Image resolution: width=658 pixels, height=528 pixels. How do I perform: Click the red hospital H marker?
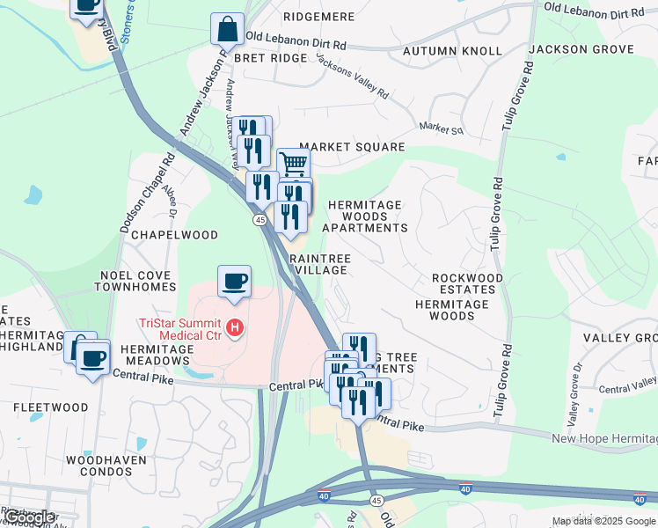[235, 329]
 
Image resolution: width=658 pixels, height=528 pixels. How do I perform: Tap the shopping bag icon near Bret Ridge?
[227, 29]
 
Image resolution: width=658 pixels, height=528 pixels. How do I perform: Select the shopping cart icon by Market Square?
[294, 163]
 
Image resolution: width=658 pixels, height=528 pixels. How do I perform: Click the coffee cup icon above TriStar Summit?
[234, 282]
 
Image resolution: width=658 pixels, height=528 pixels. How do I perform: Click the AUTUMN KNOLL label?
[451, 51]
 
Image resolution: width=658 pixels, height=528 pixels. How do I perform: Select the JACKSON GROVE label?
[594, 49]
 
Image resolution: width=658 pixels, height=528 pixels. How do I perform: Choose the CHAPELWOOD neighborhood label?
[182, 235]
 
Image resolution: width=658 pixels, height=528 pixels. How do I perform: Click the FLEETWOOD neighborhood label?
[50, 407]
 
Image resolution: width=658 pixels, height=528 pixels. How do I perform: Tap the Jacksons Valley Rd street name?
[352, 77]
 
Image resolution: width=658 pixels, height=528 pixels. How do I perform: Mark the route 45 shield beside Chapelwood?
[260, 219]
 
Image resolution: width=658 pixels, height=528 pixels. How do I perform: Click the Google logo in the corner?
[29, 517]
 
